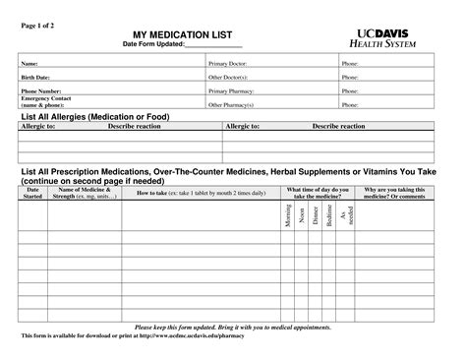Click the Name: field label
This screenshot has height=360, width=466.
(x=29, y=63)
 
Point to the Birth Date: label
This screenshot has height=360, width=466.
(x=35, y=77)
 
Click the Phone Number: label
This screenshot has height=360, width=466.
(x=41, y=90)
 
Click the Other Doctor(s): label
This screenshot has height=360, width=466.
(x=228, y=77)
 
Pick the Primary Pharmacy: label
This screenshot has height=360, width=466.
(x=231, y=90)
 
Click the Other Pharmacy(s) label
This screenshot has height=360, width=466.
(x=231, y=102)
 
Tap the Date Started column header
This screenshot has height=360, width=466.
(x=32, y=194)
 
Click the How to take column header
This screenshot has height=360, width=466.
(x=202, y=193)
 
